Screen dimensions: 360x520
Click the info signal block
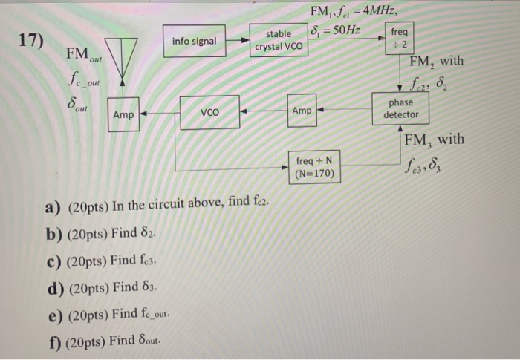194,41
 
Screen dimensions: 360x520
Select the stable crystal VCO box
278,40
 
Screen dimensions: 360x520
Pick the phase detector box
401,110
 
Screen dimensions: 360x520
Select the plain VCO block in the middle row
209,113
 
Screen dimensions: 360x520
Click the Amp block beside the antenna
123,115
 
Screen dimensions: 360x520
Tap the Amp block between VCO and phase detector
302,110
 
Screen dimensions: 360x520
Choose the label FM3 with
435,140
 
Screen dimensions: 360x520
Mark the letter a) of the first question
53,206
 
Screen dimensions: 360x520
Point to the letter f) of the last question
53,342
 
